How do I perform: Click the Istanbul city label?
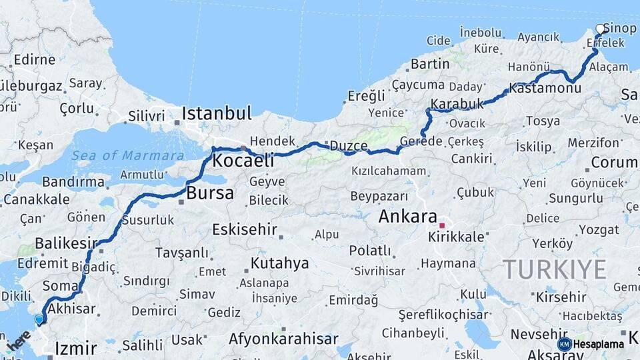click(x=217, y=113)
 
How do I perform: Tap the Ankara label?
click(x=407, y=217)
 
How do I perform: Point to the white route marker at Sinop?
click(x=600, y=29)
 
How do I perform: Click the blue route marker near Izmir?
click(x=39, y=319)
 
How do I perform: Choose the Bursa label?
click(x=210, y=193)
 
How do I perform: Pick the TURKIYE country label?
click(x=554, y=269)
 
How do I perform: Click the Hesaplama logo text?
click(x=599, y=344)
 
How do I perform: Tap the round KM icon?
click(x=564, y=344)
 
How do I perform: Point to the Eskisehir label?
click(x=244, y=230)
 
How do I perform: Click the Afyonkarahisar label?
click(x=283, y=339)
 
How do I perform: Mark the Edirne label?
click(x=34, y=60)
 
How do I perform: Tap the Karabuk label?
click(x=457, y=104)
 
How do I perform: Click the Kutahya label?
click(x=279, y=263)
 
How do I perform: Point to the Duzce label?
click(x=349, y=146)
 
